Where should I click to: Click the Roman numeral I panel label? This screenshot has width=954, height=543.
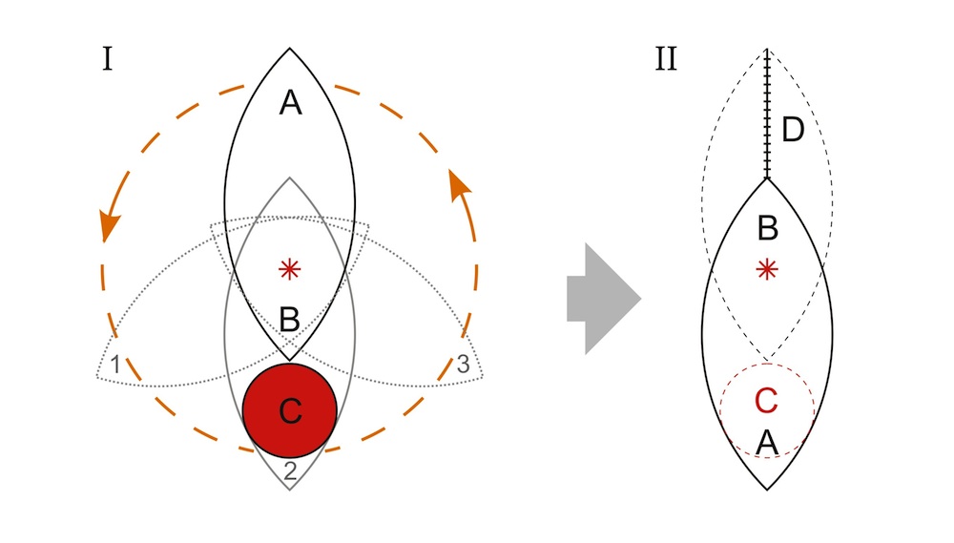pos(108,60)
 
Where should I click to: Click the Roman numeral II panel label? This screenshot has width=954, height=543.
pos(666,60)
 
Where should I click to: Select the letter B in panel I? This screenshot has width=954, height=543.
pos(289,320)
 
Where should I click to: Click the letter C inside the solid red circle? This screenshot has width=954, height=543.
pos(289,411)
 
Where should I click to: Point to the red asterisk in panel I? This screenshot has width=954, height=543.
pos(289,270)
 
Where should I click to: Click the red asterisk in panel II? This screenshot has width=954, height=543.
pos(766,271)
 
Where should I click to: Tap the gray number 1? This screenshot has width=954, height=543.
pos(114,364)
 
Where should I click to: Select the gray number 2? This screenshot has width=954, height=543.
pos(290,469)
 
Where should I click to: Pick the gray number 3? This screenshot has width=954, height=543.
pos(464,364)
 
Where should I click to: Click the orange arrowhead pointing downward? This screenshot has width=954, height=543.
pos(110,225)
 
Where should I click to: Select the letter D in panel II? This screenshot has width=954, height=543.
pos(793,129)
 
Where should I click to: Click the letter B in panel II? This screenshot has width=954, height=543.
pos(766,229)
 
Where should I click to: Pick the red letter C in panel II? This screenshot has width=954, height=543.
pos(766,402)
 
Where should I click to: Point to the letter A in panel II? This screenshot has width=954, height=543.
pos(766,443)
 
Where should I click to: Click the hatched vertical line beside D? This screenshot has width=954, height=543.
pos(767,115)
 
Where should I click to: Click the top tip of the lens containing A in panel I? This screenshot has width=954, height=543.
pos(290,49)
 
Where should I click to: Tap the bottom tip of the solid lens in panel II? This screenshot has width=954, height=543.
pos(767,489)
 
